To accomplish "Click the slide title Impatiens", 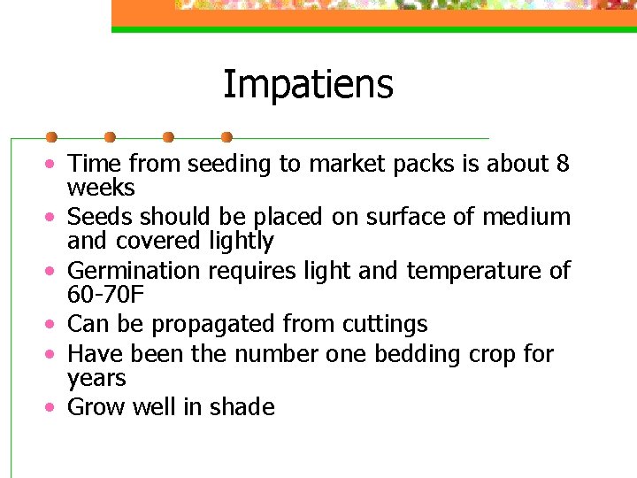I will click(x=308, y=86).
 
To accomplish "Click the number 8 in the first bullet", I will click(x=563, y=164).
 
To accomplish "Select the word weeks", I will click(x=101, y=189).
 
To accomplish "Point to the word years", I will click(x=97, y=379).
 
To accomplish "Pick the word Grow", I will click(x=96, y=407).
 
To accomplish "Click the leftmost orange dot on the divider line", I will click(x=51, y=137).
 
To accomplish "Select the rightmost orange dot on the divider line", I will click(x=226, y=137).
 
